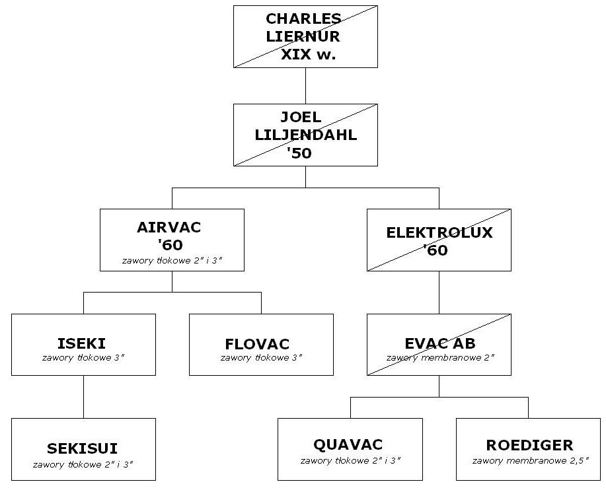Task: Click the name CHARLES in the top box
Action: [303, 18]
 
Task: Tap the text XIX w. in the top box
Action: [308, 54]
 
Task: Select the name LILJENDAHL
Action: [306, 135]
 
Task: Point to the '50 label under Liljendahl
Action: [299, 153]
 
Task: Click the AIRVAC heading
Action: [169, 227]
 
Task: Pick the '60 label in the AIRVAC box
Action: [170, 245]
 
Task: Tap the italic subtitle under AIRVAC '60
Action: [172, 260]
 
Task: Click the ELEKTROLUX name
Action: [439, 232]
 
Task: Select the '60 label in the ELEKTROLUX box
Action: [436, 250]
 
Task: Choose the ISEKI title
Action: [81, 343]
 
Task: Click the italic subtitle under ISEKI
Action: [83, 357]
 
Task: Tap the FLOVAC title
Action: [257, 344]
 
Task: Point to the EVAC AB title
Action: [440, 343]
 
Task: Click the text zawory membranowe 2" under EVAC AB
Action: [441, 357]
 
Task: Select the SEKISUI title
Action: [83, 448]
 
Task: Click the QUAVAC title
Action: [348, 444]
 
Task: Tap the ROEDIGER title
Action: [529, 445]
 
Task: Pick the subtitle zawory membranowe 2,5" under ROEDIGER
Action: [531, 460]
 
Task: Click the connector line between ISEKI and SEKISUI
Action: [83, 397]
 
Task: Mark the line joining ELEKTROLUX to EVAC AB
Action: [439, 293]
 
